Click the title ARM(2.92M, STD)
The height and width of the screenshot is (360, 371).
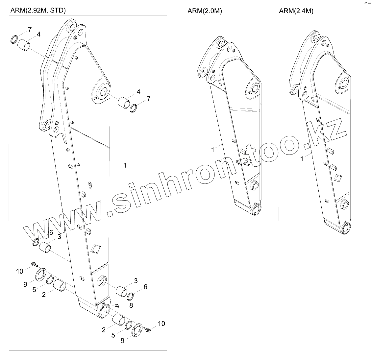click(x=38, y=10)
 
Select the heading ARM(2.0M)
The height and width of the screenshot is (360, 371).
click(x=205, y=11)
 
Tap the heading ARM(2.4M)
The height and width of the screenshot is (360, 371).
click(x=296, y=11)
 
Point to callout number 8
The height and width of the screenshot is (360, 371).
click(x=131, y=305)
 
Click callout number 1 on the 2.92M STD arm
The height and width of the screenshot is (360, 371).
click(x=125, y=165)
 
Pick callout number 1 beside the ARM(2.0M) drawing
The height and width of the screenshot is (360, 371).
click(x=213, y=150)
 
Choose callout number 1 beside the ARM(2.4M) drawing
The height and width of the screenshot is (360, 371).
click(x=302, y=159)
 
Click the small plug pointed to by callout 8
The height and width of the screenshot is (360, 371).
click(x=117, y=306)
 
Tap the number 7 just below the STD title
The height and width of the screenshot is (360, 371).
click(x=30, y=30)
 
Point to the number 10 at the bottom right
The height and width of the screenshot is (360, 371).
click(x=161, y=324)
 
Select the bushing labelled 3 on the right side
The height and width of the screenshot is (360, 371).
click(x=121, y=291)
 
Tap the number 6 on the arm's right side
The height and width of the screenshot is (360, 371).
click(x=145, y=287)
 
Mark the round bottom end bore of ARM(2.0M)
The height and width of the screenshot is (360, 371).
click(x=257, y=209)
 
